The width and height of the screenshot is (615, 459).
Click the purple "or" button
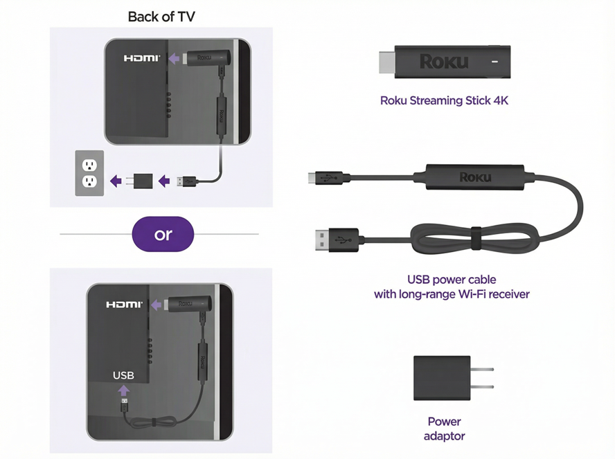[163, 234]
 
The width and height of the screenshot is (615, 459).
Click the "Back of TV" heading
[161, 17]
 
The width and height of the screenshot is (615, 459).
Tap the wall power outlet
[89, 173]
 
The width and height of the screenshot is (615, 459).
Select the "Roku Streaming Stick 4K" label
[444, 101]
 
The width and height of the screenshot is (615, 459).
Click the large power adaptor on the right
[454, 378]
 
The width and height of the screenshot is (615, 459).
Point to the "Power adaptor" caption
[445, 429]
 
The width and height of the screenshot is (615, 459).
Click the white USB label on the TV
[123, 375]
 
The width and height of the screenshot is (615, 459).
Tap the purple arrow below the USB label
[123, 390]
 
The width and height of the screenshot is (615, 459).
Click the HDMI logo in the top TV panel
[142, 58]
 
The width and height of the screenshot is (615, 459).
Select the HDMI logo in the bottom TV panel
[124, 304]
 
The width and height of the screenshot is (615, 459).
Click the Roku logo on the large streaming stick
[444, 62]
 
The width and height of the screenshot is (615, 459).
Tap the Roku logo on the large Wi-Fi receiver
[475, 177]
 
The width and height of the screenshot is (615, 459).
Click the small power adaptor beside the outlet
[141, 181]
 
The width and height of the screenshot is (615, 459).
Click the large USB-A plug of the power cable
[337, 240]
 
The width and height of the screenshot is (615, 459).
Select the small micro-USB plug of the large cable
[326, 177]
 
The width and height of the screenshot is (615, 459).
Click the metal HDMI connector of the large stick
[386, 62]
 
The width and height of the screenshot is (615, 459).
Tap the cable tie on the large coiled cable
[476, 238]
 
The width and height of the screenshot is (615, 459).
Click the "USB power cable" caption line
[452, 280]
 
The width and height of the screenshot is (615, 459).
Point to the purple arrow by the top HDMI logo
[174, 59]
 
